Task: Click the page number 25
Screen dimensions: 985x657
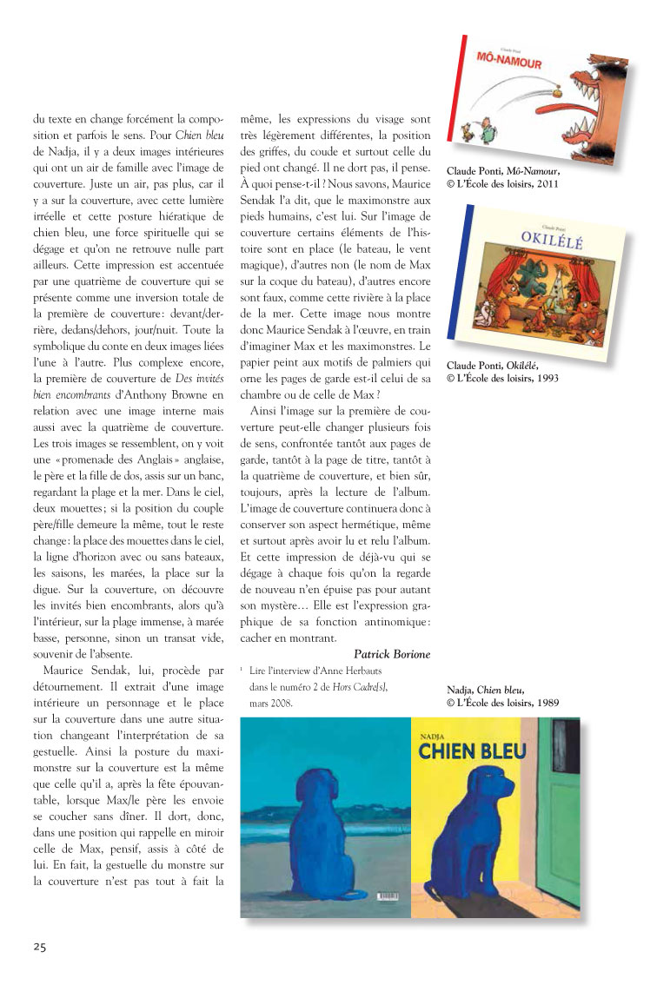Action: point(39,946)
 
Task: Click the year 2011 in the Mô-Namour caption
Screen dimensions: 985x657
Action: point(544,183)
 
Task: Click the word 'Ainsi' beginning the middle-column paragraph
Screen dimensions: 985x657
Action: point(264,409)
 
